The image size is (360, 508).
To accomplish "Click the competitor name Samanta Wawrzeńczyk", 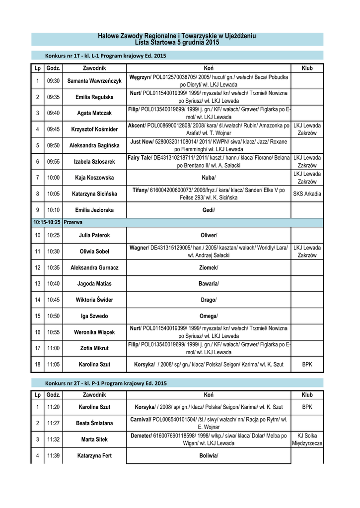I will [x=94, y=81].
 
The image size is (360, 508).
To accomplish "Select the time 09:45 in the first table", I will [x=54, y=129].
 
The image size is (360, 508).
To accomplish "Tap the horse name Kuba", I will [x=208, y=178].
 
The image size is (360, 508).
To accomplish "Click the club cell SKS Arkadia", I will [x=307, y=194].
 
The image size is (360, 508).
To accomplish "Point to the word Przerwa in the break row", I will [x=73, y=223].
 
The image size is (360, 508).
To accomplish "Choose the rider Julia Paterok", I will [x=94, y=235].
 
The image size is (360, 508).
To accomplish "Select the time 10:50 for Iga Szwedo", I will [x=54, y=316].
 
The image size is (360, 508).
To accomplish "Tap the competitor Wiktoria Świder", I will [x=94, y=300].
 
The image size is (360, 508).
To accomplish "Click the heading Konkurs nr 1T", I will [x=106, y=56].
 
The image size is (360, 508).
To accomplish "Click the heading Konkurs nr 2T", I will [x=106, y=383].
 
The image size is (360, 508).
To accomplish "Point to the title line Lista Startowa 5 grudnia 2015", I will [x=177, y=43].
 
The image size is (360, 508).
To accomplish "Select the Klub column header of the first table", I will [x=307, y=68].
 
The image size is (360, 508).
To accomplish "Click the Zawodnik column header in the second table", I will [x=94, y=395].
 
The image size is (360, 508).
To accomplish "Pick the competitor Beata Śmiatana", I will [x=94, y=423].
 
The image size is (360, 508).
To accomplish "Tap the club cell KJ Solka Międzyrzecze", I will [x=307, y=439].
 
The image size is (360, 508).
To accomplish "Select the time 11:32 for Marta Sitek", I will [x=54, y=439].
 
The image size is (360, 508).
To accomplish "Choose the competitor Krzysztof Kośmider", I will [x=94, y=129].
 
